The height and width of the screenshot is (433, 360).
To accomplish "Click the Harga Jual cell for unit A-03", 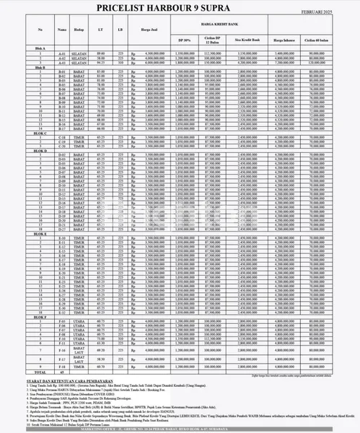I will [x=149, y=61].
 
